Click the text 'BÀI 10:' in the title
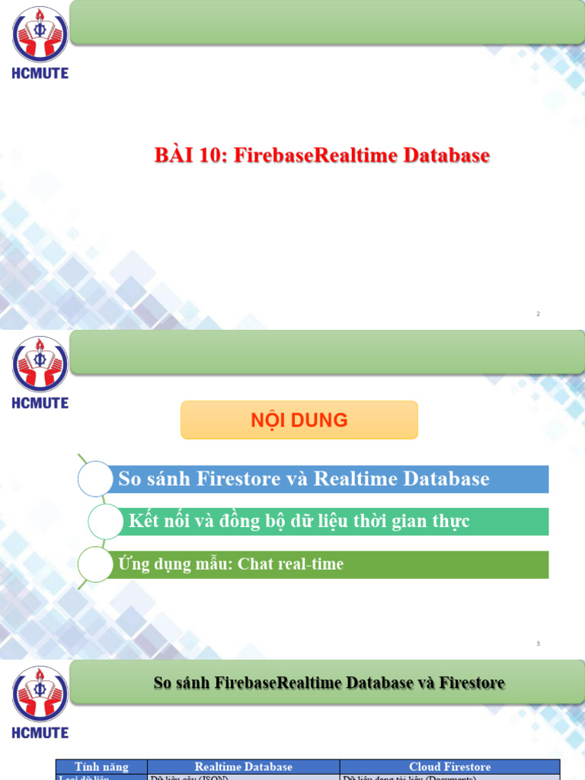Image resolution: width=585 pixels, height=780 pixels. tap(191, 155)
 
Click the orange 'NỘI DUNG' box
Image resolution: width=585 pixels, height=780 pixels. tap(299, 420)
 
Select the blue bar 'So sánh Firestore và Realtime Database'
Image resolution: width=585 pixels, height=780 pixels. tap(328, 479)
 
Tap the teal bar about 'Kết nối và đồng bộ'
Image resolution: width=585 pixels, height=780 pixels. tap(335, 522)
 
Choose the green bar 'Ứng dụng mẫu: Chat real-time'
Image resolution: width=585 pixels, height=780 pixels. tap(328, 564)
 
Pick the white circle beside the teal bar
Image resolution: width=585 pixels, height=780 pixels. tap(107, 522)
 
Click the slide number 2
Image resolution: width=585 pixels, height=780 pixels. tap(539, 314)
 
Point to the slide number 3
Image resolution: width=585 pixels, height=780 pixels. tap(538, 644)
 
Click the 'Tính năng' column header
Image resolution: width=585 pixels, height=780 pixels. tap(101, 766)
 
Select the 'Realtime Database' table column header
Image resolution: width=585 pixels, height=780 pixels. tap(243, 766)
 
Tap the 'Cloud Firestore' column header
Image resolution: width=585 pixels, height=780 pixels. tap(449, 766)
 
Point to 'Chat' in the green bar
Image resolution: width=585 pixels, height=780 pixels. tap(256, 564)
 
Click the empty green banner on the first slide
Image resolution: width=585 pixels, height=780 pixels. tap(328, 22)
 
